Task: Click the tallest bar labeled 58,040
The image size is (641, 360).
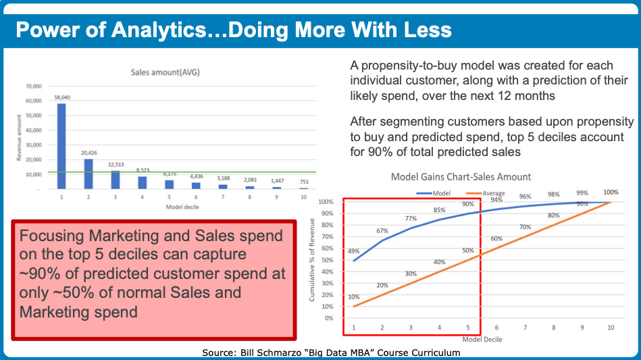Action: click(x=62, y=145)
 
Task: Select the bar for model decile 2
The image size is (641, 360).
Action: click(x=88, y=174)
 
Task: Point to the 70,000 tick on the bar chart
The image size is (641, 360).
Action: click(x=34, y=86)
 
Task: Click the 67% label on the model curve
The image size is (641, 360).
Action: click(x=382, y=231)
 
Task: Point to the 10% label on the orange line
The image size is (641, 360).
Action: click(x=353, y=297)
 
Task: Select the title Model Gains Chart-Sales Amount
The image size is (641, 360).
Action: click(x=461, y=177)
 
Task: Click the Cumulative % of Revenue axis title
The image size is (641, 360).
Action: click(x=313, y=263)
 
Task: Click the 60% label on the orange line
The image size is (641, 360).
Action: click(x=496, y=238)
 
